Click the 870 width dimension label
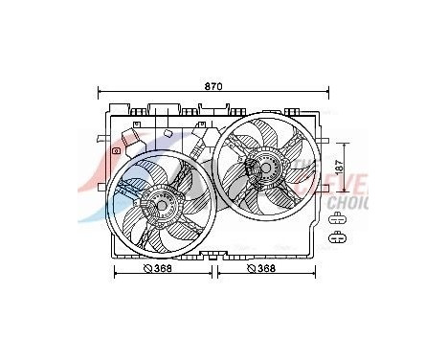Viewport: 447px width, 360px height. click(212, 86)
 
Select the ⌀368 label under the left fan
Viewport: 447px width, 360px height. click(157, 269)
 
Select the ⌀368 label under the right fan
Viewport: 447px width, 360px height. click(261, 269)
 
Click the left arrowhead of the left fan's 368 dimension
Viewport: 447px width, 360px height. click(116, 270)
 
